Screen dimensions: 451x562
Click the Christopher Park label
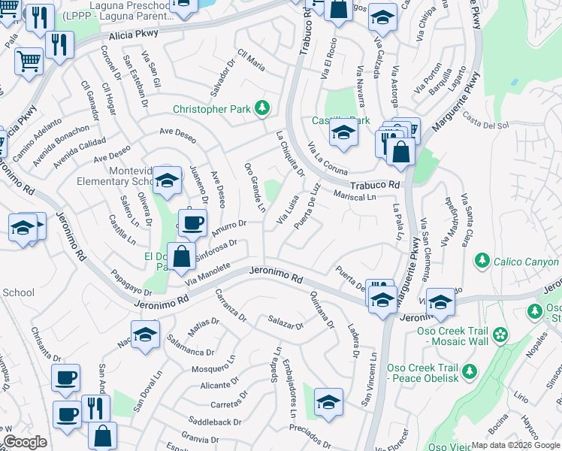tap(212, 109)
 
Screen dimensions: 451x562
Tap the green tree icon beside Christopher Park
tap(262, 109)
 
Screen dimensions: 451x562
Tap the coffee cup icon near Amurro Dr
tap(192, 222)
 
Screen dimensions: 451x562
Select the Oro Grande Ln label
tap(255, 186)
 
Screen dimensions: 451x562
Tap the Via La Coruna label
tap(328, 159)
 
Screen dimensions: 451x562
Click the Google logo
tap(25, 442)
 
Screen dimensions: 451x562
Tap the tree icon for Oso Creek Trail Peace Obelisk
tap(470, 371)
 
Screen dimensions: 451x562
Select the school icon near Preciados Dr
tap(328, 402)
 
